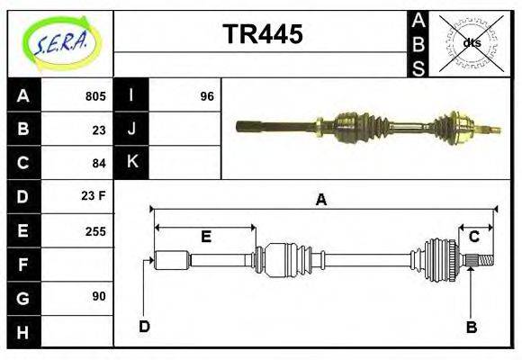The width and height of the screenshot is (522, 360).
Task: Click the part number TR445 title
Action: click(x=262, y=34)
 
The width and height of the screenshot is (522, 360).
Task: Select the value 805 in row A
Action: click(x=95, y=96)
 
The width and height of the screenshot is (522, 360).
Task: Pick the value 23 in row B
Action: click(x=99, y=130)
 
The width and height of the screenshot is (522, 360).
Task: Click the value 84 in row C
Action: click(x=99, y=163)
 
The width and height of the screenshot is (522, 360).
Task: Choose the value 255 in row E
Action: click(x=95, y=230)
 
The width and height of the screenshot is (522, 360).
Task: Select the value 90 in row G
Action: click(x=99, y=296)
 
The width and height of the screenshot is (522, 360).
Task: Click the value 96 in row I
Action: click(x=206, y=96)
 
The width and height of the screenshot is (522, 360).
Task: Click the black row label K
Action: click(x=131, y=163)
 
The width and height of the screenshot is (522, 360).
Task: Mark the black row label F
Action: click(x=23, y=264)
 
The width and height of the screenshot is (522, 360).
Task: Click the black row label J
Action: click(x=131, y=130)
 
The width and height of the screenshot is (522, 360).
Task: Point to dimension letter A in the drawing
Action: click(x=320, y=201)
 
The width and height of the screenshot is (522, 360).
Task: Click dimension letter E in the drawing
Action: click(x=205, y=237)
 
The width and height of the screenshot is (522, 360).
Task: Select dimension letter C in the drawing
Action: click(x=473, y=237)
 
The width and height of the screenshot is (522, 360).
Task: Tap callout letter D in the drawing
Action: click(x=144, y=326)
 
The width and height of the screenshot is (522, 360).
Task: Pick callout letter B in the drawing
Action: click(x=472, y=327)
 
